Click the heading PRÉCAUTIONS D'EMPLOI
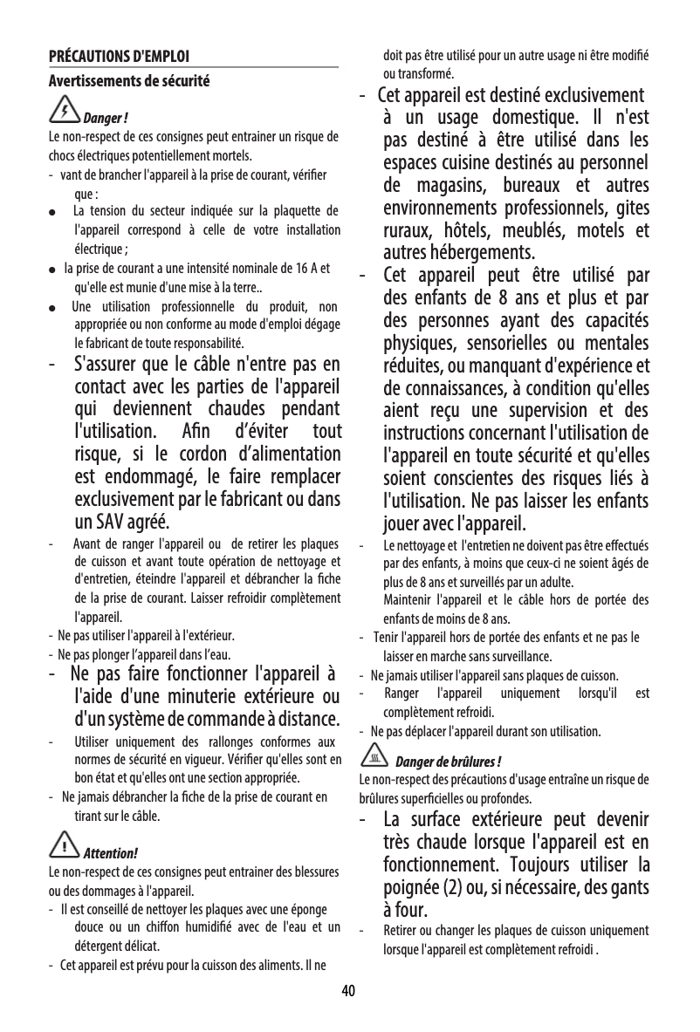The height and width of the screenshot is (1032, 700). click(119, 58)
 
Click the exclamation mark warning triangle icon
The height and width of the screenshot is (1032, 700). click(65, 845)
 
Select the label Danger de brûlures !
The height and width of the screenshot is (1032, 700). click(449, 759)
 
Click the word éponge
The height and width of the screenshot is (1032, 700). click(309, 911)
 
